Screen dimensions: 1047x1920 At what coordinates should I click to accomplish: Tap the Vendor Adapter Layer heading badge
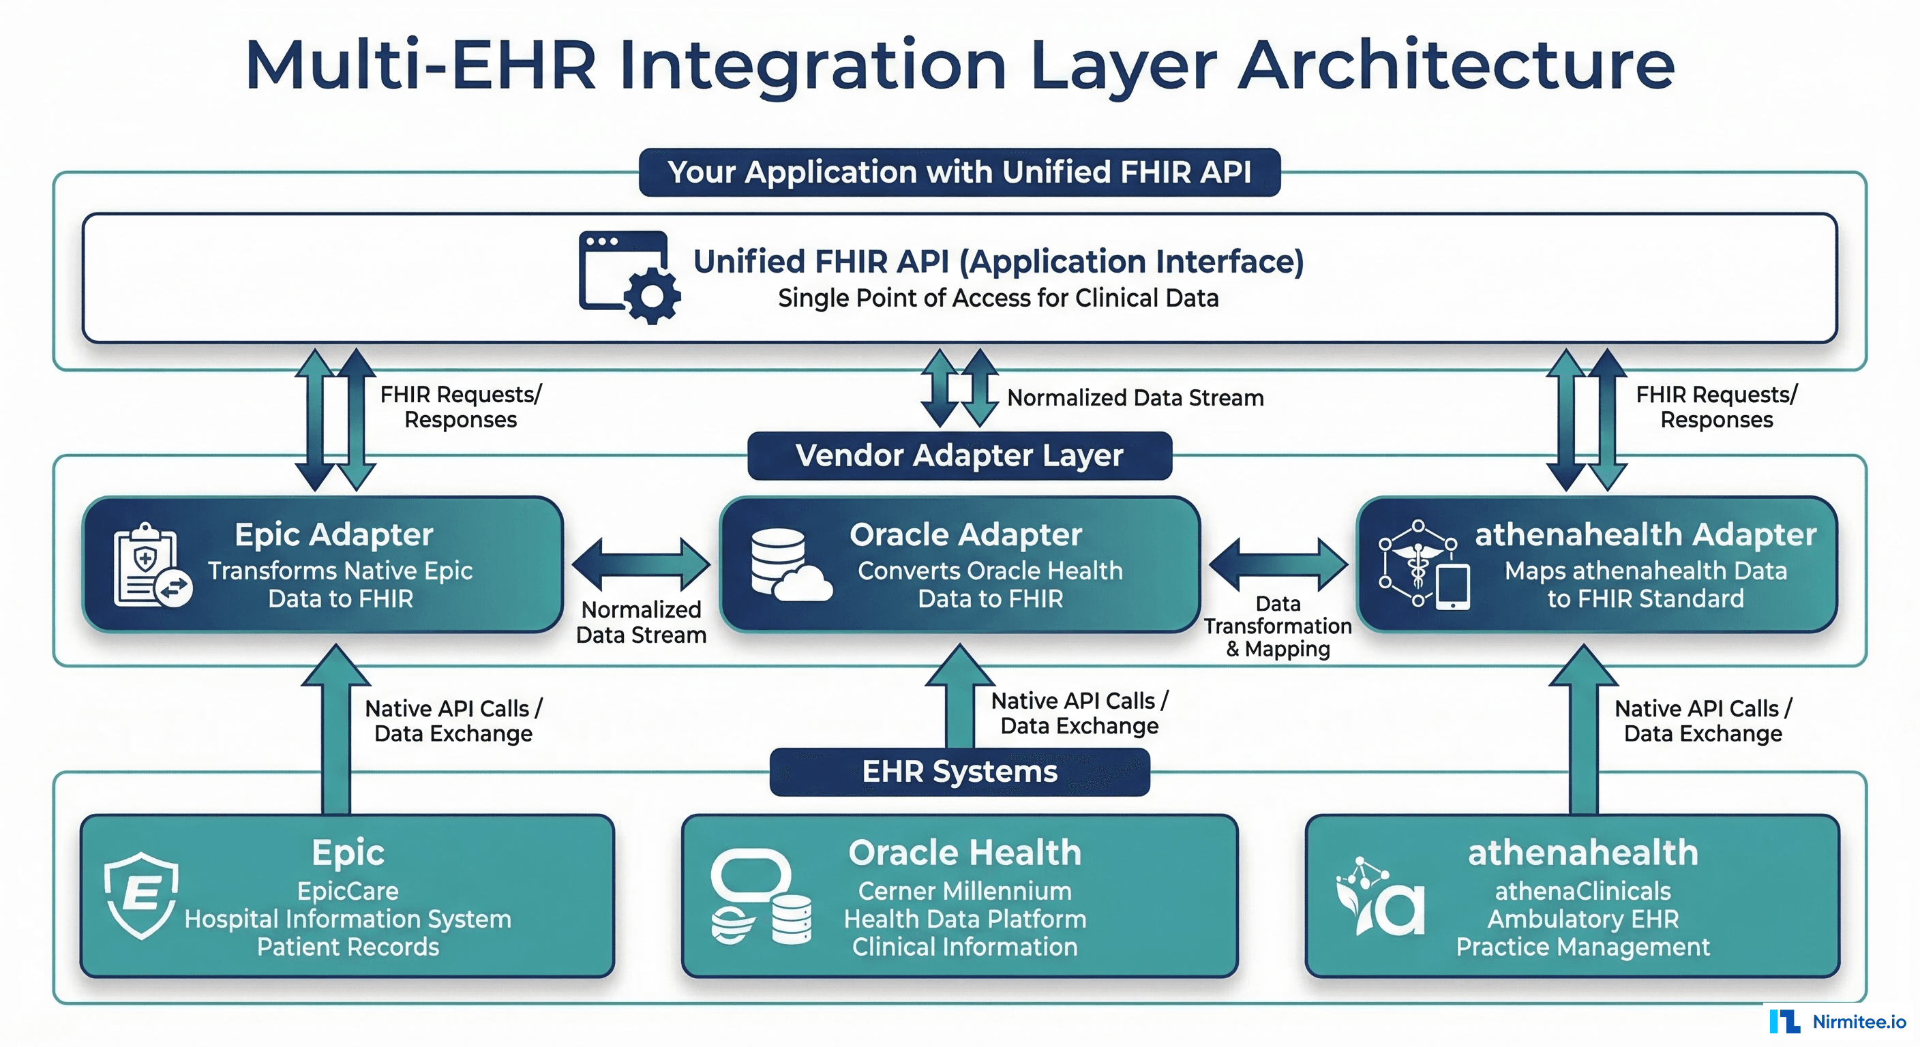point(959,455)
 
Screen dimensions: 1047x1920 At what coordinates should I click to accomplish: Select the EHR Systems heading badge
point(959,772)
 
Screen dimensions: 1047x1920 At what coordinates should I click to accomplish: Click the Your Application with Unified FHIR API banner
point(959,172)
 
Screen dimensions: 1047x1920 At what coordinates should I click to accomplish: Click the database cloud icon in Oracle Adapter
point(789,565)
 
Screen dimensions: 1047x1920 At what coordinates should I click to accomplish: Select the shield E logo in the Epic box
point(141,895)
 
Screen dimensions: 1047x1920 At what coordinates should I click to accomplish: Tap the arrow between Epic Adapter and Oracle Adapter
point(641,564)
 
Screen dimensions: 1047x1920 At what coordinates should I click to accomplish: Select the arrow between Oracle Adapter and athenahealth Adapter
point(1278,564)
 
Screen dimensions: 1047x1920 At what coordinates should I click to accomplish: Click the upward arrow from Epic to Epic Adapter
point(335,730)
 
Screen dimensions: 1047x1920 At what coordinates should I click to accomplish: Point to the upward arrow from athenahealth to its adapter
point(1583,730)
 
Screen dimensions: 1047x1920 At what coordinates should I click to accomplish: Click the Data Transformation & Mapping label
point(1278,626)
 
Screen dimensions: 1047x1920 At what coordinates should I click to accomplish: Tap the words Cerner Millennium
point(965,892)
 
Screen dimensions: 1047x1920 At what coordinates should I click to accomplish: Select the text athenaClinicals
point(1582,892)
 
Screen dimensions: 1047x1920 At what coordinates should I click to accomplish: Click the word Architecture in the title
point(1456,65)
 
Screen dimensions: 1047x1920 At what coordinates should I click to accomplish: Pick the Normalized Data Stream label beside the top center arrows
point(1135,398)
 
